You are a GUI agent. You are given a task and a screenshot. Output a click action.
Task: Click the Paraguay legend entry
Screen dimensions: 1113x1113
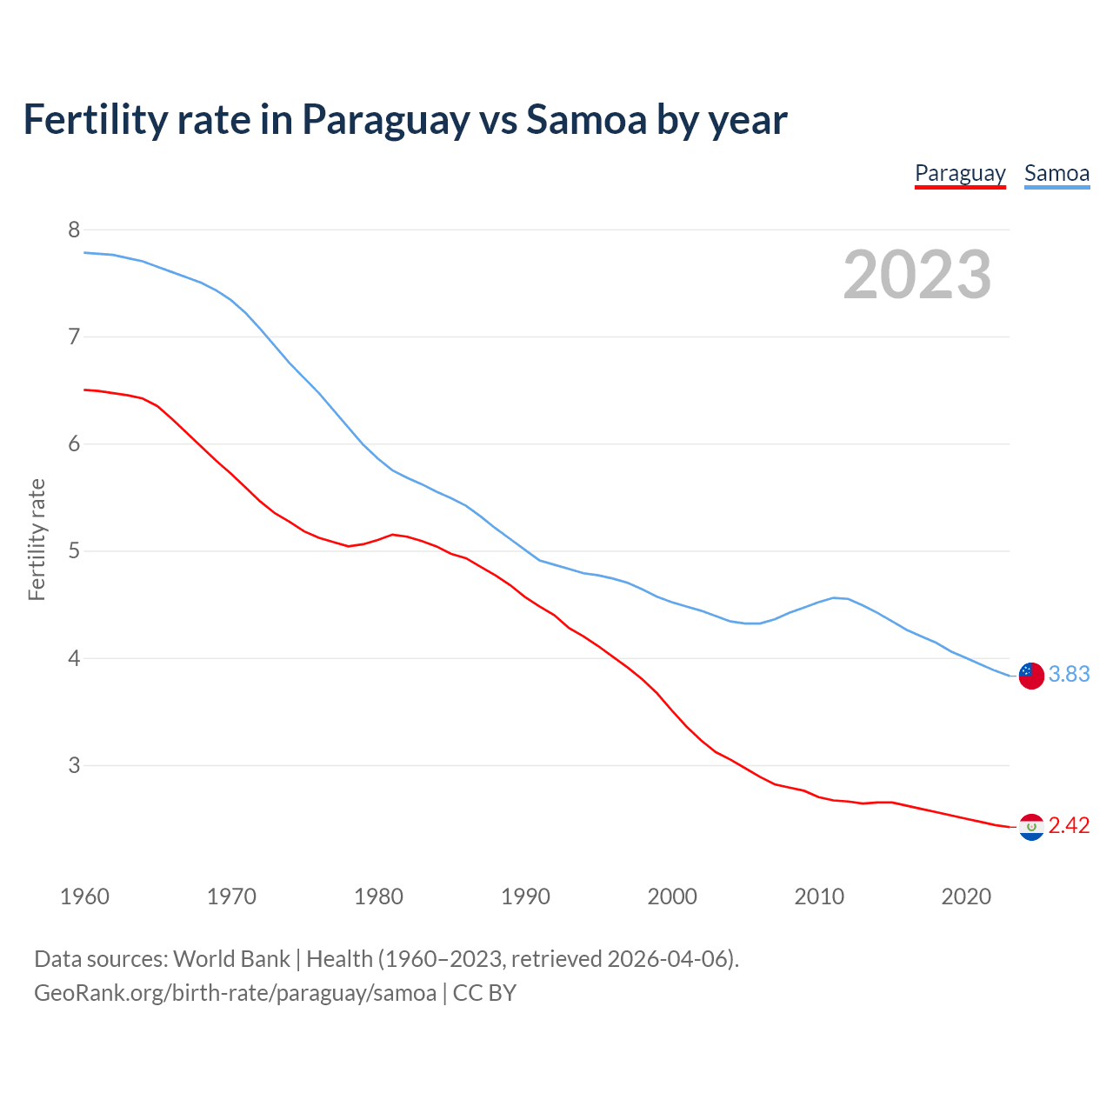pyautogui.click(x=960, y=173)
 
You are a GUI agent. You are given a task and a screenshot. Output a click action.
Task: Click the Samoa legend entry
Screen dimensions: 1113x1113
pyautogui.click(x=1056, y=173)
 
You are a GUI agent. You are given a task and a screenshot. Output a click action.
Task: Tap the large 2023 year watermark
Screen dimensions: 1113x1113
pyautogui.click(x=917, y=275)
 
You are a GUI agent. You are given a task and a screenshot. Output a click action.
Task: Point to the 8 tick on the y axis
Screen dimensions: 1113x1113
pyautogui.click(x=74, y=230)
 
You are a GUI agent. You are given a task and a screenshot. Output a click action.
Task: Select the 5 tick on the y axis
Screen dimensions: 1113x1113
pyautogui.click(x=74, y=551)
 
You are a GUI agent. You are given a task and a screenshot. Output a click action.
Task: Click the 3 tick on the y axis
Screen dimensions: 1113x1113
pyautogui.click(x=74, y=765)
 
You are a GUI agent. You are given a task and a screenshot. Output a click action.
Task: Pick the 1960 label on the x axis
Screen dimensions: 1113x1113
pyautogui.click(x=84, y=896)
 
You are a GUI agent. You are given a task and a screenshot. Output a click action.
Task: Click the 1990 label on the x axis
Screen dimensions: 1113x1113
pyautogui.click(x=525, y=896)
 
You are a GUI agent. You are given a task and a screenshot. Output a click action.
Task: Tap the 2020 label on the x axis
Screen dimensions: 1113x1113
pyautogui.click(x=966, y=896)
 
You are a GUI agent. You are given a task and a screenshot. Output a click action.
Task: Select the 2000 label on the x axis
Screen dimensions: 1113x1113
pyautogui.click(x=672, y=896)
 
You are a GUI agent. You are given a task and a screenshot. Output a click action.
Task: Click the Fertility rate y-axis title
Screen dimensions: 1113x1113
pyautogui.click(x=37, y=539)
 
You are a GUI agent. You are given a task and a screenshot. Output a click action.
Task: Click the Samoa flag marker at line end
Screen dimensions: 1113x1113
pyautogui.click(x=1031, y=676)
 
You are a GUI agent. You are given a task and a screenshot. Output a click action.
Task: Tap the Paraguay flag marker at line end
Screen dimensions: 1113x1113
pyautogui.click(x=1031, y=827)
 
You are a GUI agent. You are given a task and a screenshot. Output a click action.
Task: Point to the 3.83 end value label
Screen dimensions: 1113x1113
pyautogui.click(x=1069, y=675)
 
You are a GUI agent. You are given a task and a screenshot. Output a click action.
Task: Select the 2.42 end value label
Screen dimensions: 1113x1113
pyautogui.click(x=1069, y=826)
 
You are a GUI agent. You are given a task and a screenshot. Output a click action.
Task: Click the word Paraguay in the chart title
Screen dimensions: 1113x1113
pyautogui.click(x=386, y=121)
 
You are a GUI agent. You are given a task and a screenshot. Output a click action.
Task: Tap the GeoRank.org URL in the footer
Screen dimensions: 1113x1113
pyautogui.click(x=235, y=993)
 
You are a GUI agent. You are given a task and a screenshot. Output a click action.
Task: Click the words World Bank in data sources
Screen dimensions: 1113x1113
pyautogui.click(x=231, y=959)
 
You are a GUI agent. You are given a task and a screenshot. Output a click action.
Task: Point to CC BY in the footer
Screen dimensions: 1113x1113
pyautogui.click(x=484, y=993)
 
